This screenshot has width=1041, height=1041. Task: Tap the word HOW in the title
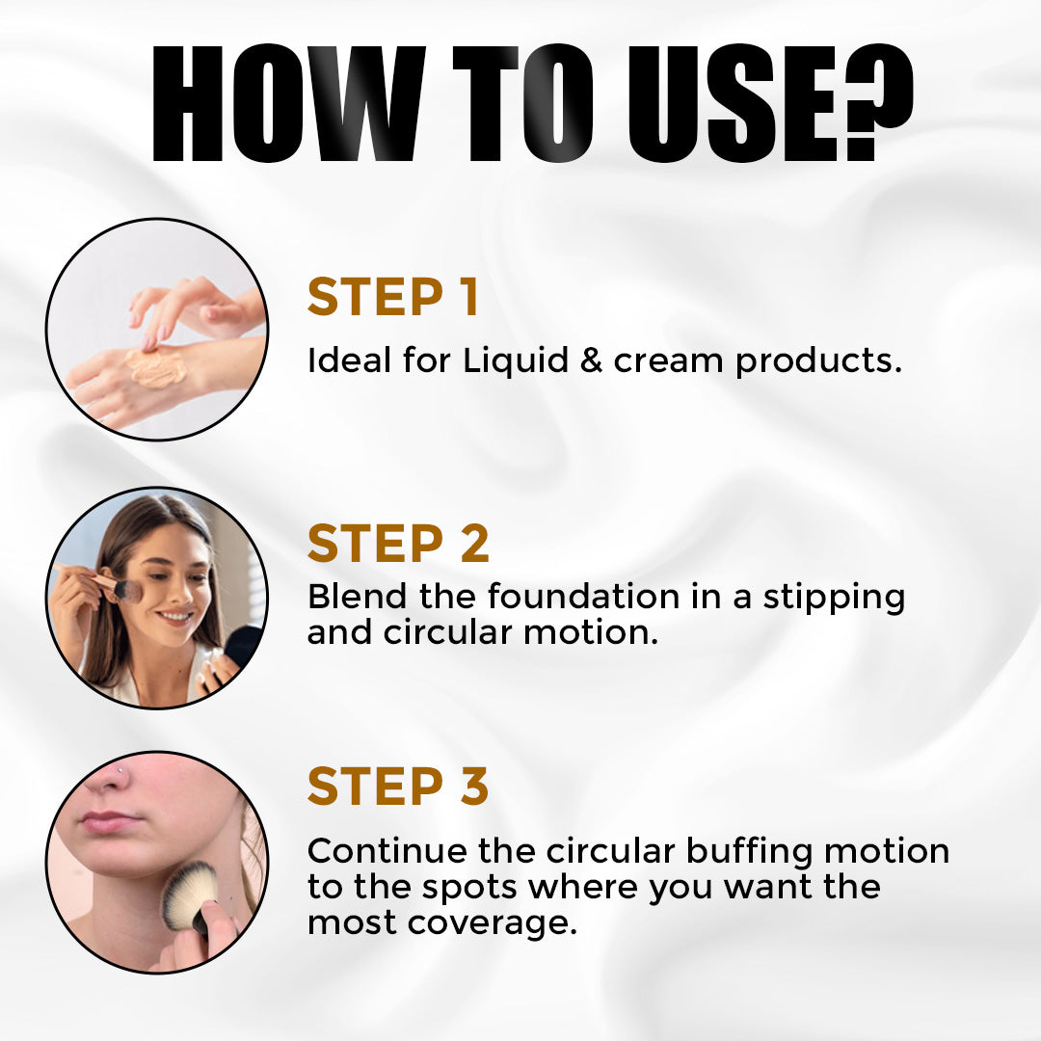(289, 103)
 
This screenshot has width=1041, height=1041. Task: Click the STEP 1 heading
(393, 296)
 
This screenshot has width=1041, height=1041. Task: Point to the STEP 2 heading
(398, 543)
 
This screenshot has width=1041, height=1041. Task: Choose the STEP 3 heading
(398, 786)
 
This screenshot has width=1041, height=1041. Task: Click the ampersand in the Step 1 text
(591, 360)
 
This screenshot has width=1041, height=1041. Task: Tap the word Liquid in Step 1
(515, 361)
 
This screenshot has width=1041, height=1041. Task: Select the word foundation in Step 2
(583, 596)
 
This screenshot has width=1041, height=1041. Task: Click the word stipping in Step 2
(834, 599)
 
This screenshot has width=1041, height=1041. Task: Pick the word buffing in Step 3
(749, 852)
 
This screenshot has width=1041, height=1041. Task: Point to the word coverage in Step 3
(492, 923)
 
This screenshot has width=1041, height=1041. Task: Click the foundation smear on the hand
(155, 367)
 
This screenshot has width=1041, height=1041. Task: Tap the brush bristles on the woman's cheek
(128, 590)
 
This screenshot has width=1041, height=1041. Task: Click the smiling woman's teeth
(176, 617)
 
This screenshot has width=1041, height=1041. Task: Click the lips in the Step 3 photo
(110, 821)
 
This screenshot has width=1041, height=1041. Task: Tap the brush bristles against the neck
(189, 894)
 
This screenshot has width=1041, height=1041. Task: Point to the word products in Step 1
(818, 361)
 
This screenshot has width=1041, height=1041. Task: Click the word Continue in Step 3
(387, 851)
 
